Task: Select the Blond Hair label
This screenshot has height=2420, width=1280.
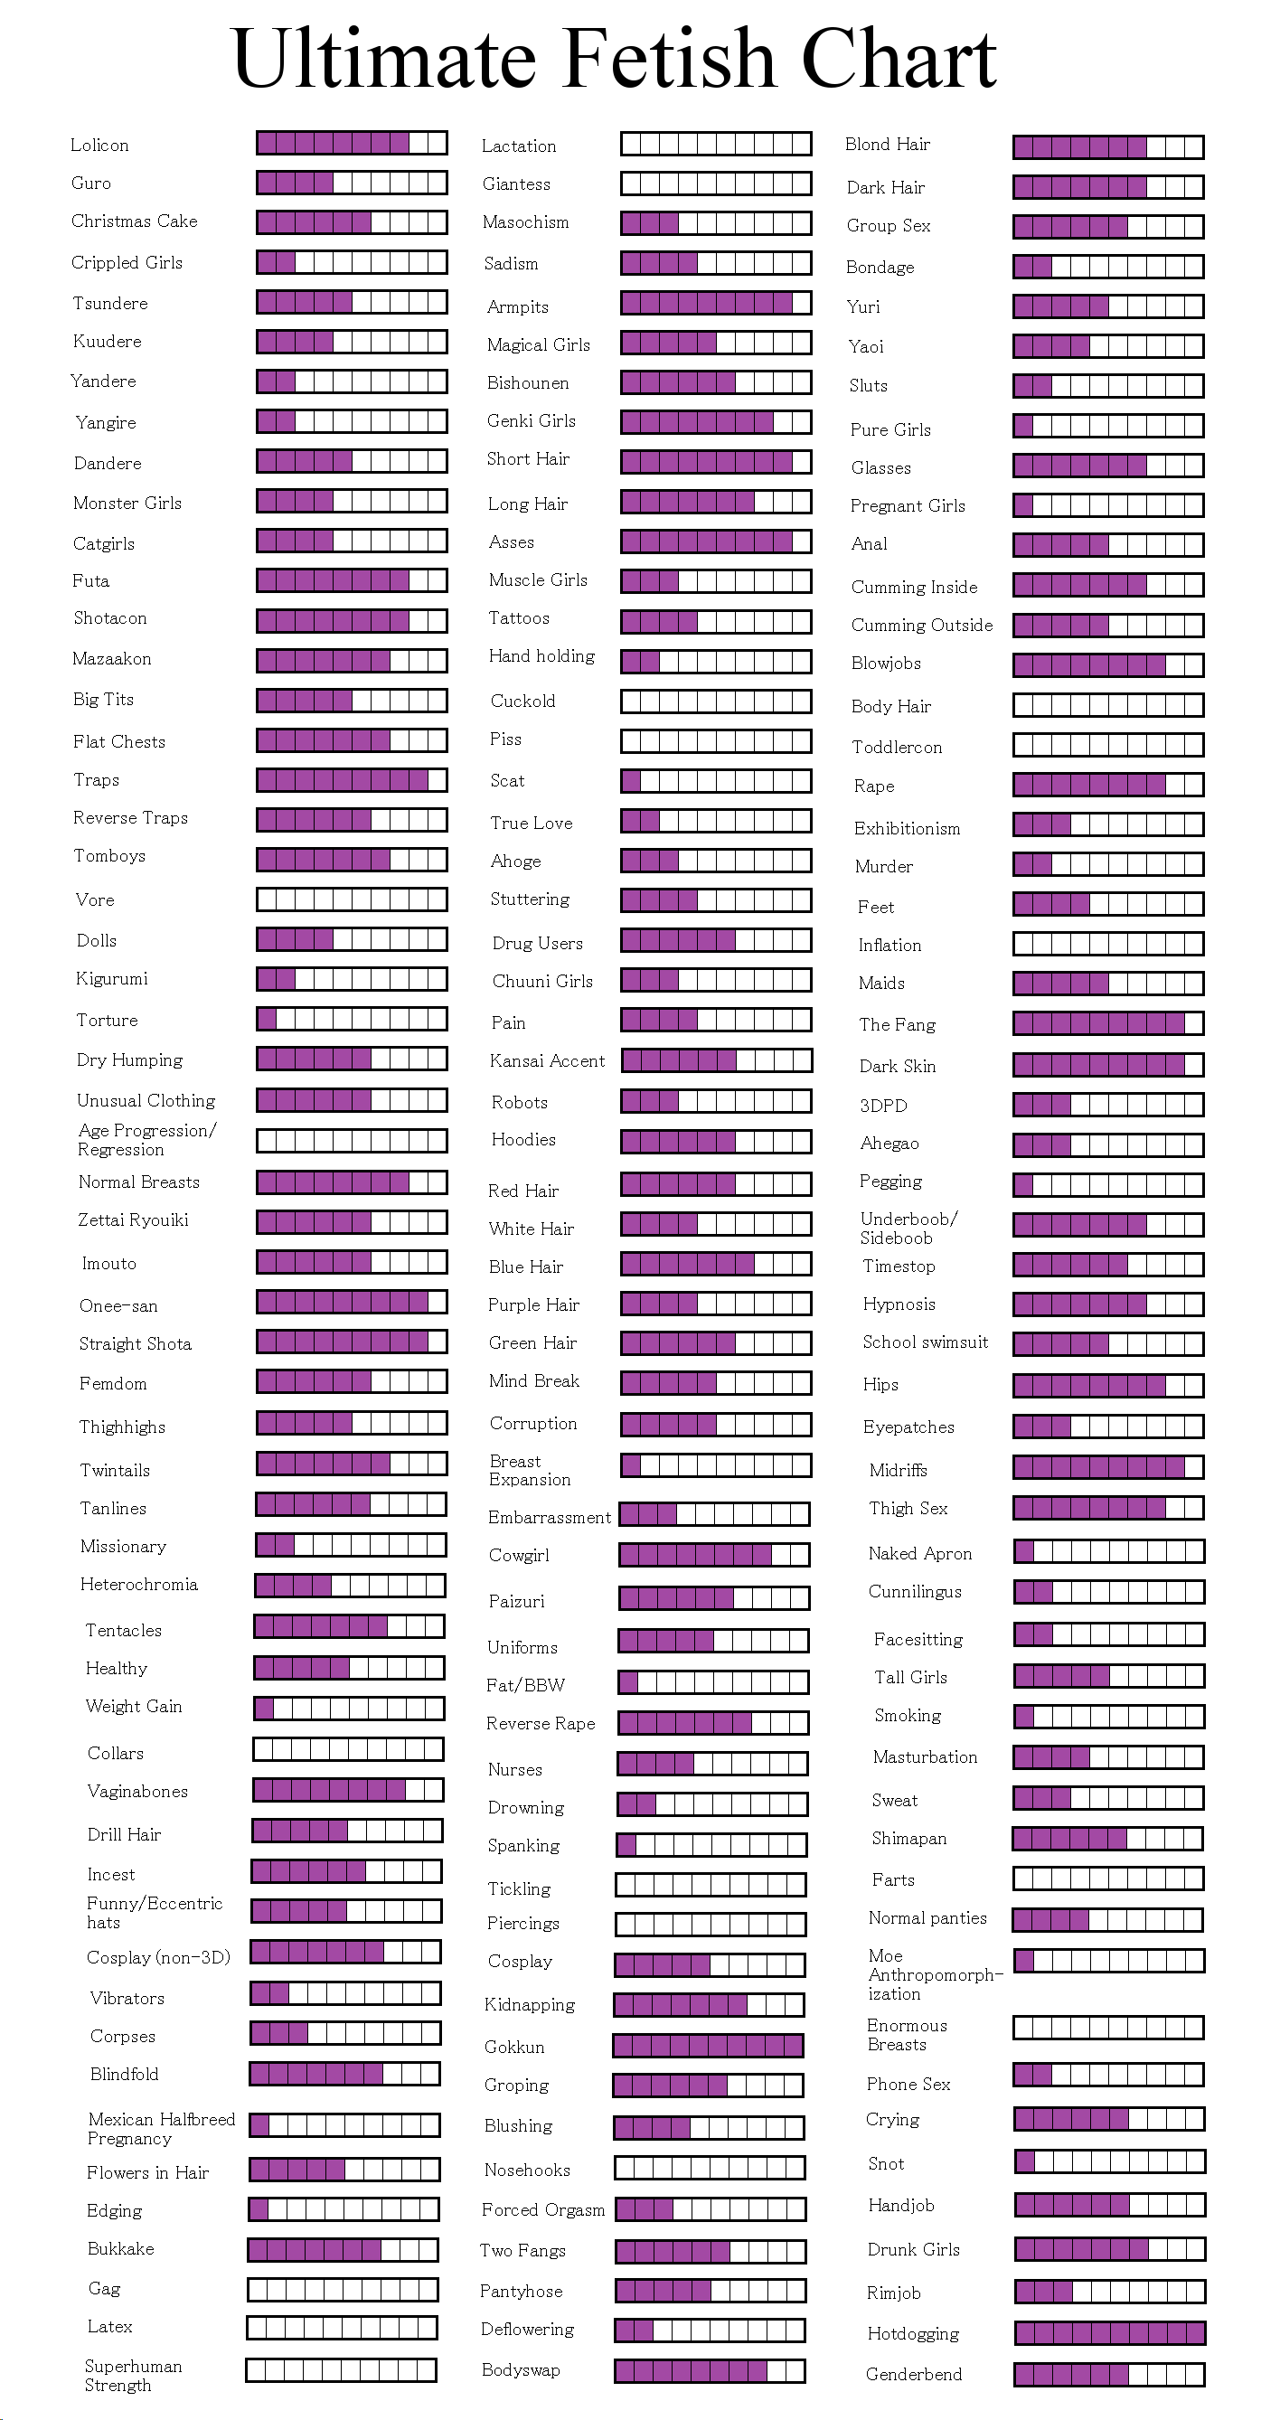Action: [888, 144]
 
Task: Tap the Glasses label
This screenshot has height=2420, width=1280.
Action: [880, 468]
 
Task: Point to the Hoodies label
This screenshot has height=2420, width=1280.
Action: [523, 1140]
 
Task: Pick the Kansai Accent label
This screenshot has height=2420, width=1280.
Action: [548, 1060]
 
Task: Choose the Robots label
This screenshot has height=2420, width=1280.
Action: [520, 1102]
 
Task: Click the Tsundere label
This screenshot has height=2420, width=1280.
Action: [111, 303]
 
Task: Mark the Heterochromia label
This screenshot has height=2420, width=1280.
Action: [139, 1584]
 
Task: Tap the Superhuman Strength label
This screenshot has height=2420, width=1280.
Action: [134, 2375]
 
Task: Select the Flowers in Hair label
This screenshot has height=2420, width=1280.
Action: [147, 2172]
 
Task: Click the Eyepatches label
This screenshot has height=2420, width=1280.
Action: [908, 1427]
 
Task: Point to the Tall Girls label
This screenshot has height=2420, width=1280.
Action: [911, 1677]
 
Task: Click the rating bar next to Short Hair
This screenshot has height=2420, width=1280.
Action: [716, 461]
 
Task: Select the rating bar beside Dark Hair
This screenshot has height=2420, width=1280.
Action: [1108, 187]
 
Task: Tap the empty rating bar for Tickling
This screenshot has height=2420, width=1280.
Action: [711, 1884]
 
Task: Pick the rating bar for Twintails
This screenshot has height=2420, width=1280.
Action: [352, 1463]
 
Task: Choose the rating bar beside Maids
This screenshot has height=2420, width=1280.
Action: [1108, 984]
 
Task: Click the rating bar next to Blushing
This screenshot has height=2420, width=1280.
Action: [709, 2127]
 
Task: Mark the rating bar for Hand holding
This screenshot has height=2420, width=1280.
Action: [716, 662]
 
